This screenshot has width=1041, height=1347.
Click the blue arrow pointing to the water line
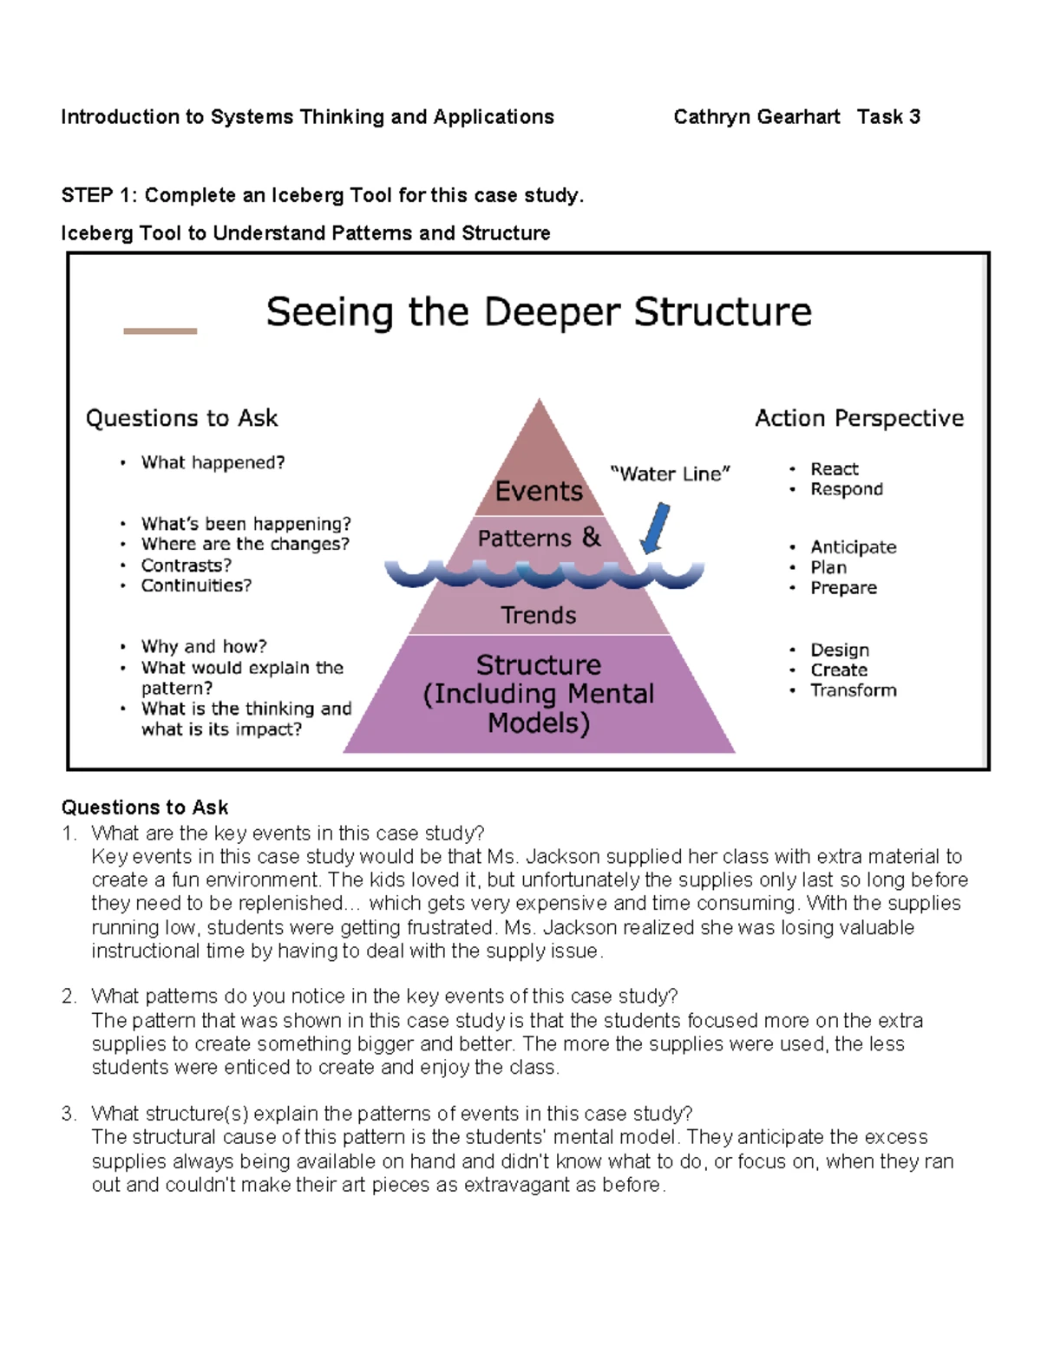(656, 527)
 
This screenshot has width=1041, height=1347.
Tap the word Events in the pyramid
(539, 491)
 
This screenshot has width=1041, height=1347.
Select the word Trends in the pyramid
(539, 615)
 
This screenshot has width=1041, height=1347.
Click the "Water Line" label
(671, 474)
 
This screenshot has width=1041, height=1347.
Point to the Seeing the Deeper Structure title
(539, 312)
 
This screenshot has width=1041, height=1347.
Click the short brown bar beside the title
(160, 330)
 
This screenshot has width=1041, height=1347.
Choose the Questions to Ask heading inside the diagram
(182, 418)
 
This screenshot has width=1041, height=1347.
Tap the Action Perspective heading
(859, 418)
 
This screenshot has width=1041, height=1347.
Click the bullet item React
(835, 469)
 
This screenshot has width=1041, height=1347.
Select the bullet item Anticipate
(854, 547)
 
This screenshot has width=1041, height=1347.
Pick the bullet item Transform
(854, 690)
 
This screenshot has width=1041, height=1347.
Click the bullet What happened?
(213, 462)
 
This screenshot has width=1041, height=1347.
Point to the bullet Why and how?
(204, 646)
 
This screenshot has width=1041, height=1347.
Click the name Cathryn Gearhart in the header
(756, 117)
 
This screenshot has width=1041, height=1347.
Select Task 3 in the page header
(888, 117)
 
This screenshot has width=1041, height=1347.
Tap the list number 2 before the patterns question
(69, 997)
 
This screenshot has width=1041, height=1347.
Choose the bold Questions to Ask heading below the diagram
(145, 808)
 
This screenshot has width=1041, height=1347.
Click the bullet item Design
(840, 650)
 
